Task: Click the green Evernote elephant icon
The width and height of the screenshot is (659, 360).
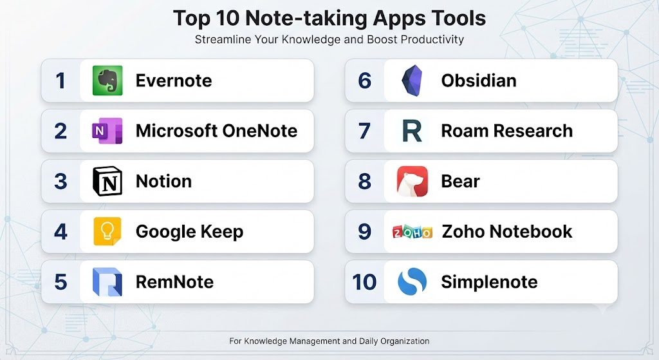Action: pos(107,81)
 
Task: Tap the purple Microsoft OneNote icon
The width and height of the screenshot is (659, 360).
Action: pos(107,131)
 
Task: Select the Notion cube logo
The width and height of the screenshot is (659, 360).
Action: pos(107,181)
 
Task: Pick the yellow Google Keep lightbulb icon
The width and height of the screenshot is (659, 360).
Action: pos(107,231)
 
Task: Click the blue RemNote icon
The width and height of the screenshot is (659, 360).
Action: pos(107,282)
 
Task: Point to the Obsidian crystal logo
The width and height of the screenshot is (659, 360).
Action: pos(412,81)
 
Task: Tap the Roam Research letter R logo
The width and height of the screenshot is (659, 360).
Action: pos(412,131)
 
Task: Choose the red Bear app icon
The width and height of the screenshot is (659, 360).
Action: pos(413,181)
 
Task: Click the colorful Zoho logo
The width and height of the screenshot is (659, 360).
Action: pos(412,232)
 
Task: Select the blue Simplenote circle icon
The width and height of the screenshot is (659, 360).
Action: pos(412,282)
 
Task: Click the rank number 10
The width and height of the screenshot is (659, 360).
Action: pos(364,282)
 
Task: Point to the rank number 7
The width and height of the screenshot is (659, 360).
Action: pos(364,131)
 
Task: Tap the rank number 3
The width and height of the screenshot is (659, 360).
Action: pos(60,181)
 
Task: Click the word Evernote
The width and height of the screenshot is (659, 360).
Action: pos(174,81)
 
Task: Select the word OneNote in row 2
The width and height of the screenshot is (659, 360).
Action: pos(260,131)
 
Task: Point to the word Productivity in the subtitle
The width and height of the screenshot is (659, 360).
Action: pos(432,39)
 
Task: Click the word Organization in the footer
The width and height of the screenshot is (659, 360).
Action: pos(405,341)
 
